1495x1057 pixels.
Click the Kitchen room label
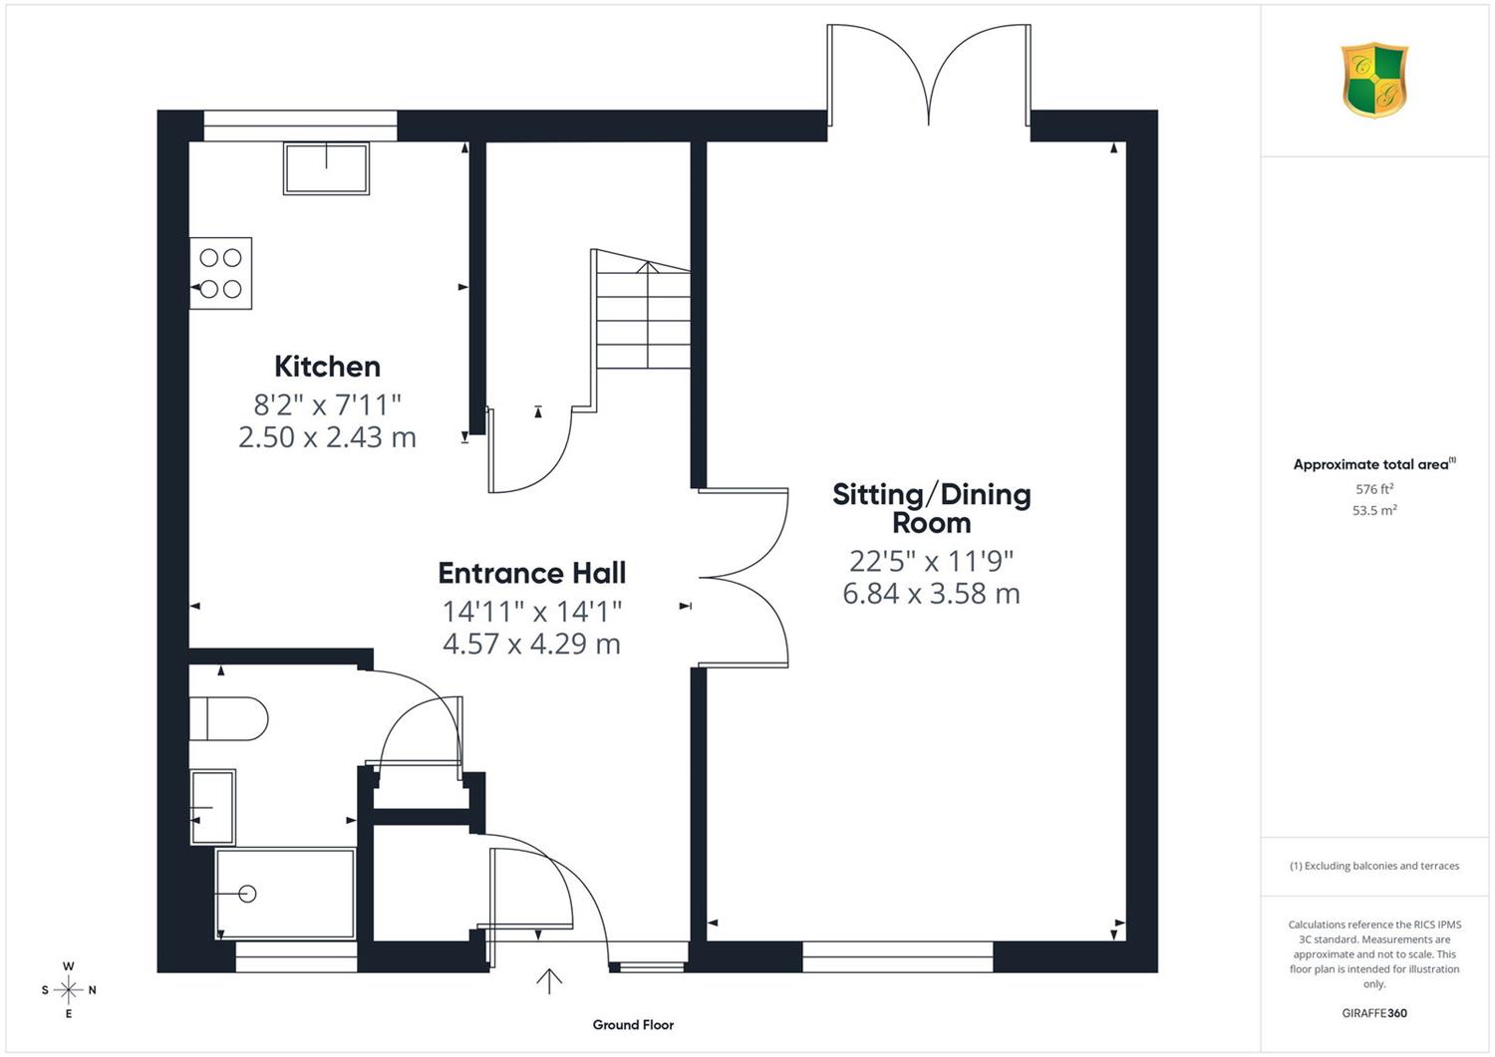click(x=327, y=367)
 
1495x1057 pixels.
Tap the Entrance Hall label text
click(x=532, y=573)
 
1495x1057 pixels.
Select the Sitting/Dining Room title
click(x=932, y=508)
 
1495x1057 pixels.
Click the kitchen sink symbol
click(x=326, y=168)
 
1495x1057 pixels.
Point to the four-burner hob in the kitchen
click(x=221, y=273)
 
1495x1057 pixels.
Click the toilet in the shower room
click(x=229, y=718)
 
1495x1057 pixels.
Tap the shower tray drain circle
click(x=247, y=894)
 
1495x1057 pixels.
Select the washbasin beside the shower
click(x=213, y=807)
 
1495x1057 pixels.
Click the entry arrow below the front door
click(x=549, y=981)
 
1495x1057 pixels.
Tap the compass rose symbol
click(x=69, y=990)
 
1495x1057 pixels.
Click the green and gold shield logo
click(x=1374, y=81)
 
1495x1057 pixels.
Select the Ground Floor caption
click(x=633, y=1025)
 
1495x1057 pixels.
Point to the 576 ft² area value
click(x=1374, y=489)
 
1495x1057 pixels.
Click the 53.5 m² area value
click(x=1374, y=510)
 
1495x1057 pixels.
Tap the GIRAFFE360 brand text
click(x=1374, y=1013)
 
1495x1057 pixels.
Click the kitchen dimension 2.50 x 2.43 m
click(x=327, y=437)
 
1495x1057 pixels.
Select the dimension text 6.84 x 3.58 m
click(x=932, y=594)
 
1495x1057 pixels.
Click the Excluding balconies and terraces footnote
click(x=1374, y=866)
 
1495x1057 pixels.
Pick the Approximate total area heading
click(x=1374, y=464)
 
